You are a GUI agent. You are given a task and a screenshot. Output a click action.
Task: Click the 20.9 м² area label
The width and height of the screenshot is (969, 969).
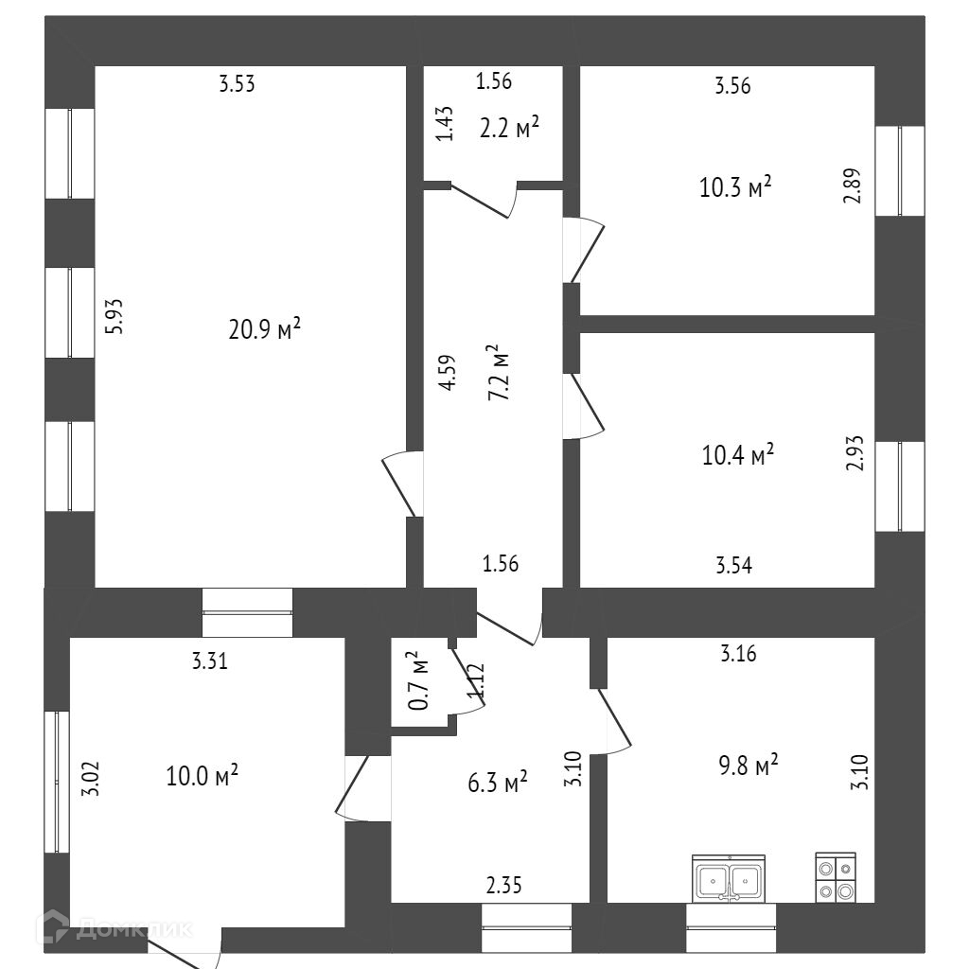264,329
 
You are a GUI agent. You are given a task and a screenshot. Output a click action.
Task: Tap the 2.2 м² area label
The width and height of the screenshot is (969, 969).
509,127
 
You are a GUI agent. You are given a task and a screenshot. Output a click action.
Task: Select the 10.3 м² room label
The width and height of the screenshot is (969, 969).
735,186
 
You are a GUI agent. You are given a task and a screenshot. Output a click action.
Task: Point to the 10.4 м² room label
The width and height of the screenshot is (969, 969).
737,456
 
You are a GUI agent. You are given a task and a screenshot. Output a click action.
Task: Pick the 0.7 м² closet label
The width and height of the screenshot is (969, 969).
418,679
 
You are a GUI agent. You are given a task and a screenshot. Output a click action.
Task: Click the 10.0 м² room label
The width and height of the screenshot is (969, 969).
201,776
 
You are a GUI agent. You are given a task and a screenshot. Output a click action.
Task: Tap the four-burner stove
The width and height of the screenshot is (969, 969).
836,878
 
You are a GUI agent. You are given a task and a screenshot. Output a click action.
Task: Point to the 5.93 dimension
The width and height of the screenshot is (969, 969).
114,316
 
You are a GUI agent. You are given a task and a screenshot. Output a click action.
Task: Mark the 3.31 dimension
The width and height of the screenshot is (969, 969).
209,661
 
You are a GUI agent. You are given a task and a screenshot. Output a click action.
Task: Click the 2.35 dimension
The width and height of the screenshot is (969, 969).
503,886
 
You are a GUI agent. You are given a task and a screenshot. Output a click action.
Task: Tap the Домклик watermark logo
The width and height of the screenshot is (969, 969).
114,928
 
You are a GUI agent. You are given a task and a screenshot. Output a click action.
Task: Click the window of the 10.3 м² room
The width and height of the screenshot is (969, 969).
898,170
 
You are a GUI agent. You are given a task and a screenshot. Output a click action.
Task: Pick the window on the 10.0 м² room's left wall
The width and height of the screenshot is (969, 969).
57,781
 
